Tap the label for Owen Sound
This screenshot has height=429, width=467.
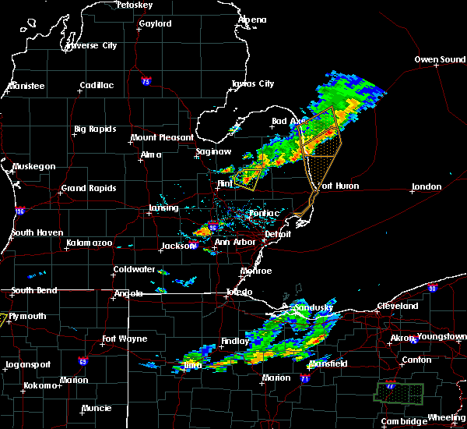pyautogui.click(x=440, y=59)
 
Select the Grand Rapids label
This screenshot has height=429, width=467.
pyautogui.click(x=88, y=188)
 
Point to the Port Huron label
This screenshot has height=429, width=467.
pyautogui.click(x=336, y=186)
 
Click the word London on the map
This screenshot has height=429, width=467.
pyautogui.click(x=426, y=186)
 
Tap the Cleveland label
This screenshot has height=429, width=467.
pyautogui.click(x=397, y=306)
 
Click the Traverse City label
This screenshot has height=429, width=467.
pyautogui.click(x=92, y=45)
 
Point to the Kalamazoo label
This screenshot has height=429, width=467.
pyautogui.click(x=88, y=243)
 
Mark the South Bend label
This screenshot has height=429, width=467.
pyautogui.click(x=28, y=291)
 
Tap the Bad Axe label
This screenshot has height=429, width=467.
pyautogui.click(x=288, y=121)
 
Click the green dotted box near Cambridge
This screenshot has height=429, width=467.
pyautogui.click(x=399, y=392)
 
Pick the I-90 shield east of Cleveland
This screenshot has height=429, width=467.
pyautogui.click(x=433, y=288)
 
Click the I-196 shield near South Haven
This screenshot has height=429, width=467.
pyautogui.click(x=20, y=211)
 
